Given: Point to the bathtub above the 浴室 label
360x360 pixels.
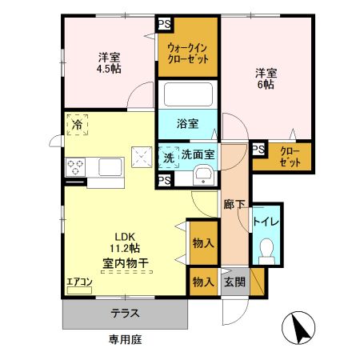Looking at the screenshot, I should pos(186,97).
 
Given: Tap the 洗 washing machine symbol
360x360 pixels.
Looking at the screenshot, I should pos(169,158).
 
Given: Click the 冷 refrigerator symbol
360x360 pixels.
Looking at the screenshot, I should pos(78,126).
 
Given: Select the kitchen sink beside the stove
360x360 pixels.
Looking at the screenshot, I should pos(109,167).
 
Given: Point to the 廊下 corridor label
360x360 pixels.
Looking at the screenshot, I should pos(234,205).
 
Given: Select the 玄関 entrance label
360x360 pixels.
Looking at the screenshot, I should pos(234,282).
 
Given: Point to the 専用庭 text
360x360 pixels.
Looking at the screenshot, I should pos(126,340).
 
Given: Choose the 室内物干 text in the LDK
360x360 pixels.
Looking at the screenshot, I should pos(125,262).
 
